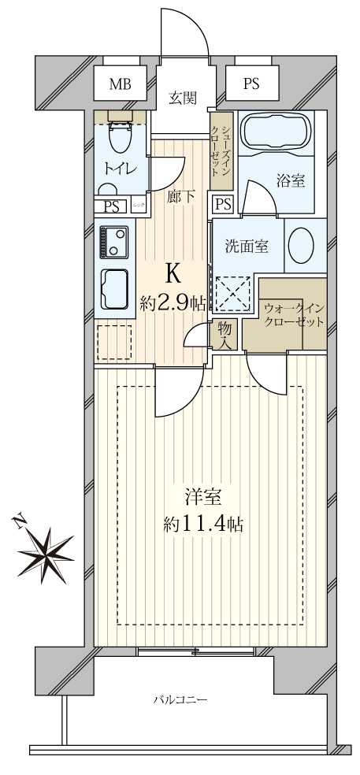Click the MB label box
coord(121,83)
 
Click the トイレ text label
coord(120,168)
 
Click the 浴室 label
coord(291,180)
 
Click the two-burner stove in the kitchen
coord(115,242)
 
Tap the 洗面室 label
coord(247,246)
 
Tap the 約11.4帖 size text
coord(203,525)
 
